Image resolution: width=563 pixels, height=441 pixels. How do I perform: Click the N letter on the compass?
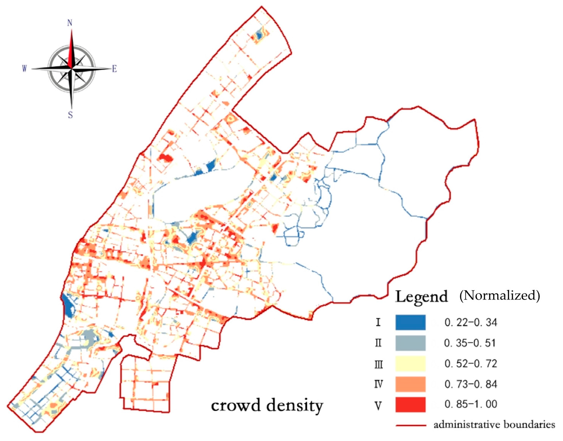70,23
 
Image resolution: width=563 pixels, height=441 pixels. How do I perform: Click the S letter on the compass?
70,115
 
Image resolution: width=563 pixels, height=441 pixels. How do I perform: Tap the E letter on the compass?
114,69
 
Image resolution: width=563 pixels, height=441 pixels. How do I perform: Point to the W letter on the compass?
25,69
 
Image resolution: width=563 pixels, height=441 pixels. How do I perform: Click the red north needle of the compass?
71,48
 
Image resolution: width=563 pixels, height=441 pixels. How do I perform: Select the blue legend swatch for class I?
410,323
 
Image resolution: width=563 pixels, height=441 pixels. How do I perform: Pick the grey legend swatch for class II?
410,343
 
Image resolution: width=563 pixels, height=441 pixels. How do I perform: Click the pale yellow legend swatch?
410,364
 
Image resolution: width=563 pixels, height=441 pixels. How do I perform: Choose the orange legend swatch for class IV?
410,384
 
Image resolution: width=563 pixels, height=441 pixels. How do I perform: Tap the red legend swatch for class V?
410,405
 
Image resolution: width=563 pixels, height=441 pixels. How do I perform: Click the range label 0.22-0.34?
471,323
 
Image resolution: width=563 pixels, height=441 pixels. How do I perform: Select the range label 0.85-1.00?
471,404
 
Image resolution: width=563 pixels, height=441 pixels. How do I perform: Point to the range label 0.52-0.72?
471,364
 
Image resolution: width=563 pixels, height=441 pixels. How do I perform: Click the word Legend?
421,297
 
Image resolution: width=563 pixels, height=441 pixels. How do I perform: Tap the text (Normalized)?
499,295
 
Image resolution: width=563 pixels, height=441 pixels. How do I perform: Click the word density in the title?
295,406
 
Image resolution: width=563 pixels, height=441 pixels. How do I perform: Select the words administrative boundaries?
494,425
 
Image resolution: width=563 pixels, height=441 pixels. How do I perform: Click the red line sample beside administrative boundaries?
411,425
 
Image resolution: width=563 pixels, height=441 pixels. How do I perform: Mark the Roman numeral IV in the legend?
378,384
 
